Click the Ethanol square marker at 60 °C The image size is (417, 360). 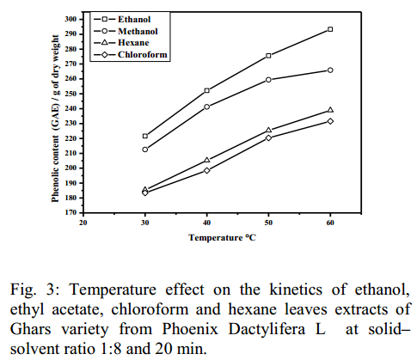[x=330, y=29]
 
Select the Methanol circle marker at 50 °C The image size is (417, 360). [x=268, y=80]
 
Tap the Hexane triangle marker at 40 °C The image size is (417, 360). [x=206, y=160]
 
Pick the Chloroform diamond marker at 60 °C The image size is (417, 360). [x=330, y=121]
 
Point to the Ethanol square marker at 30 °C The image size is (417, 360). [x=145, y=136]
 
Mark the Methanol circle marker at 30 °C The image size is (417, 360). [x=145, y=149]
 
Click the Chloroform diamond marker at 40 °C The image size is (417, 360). [x=206, y=170]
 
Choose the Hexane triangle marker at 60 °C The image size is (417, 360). [x=330, y=110]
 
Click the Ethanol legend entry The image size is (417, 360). [x=122, y=19]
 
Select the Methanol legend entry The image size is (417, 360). [x=126, y=31]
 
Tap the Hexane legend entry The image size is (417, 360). [x=121, y=43]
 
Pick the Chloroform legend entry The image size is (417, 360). [x=131, y=54]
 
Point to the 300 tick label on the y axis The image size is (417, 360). [x=71, y=19]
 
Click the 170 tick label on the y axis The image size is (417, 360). [x=71, y=212]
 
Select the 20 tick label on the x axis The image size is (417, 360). [x=83, y=223]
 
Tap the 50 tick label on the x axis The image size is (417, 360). [x=268, y=223]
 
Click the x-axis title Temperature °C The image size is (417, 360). [x=222, y=238]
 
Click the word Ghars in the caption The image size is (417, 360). [x=30, y=329]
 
